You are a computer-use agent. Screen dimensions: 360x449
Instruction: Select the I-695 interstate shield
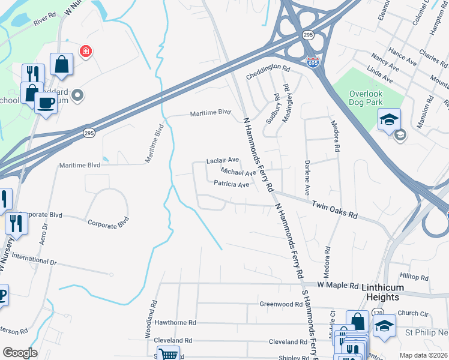tap(313, 61)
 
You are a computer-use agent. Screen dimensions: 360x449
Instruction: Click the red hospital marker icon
tap(86, 51)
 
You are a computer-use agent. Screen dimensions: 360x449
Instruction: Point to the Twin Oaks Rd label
tap(334, 210)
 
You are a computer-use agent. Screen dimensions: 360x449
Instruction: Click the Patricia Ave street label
tap(231, 185)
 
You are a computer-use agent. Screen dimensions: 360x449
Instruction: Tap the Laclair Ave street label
tap(223, 161)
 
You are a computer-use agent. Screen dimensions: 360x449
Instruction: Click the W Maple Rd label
tap(338, 285)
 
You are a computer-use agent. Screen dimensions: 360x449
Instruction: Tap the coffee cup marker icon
tap(46, 102)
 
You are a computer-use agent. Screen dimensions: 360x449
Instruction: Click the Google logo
tap(20, 353)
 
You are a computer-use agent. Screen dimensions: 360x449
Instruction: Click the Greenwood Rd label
tap(281, 304)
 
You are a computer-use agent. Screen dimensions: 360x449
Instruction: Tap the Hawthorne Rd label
tap(176, 322)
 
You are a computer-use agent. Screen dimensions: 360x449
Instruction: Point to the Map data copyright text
tap(424, 355)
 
